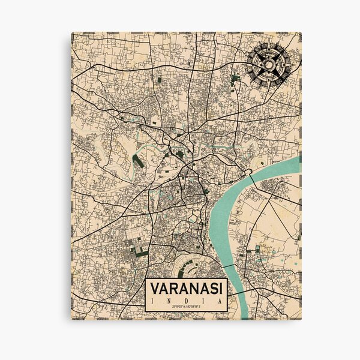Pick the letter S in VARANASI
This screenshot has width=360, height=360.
point(212,289)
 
